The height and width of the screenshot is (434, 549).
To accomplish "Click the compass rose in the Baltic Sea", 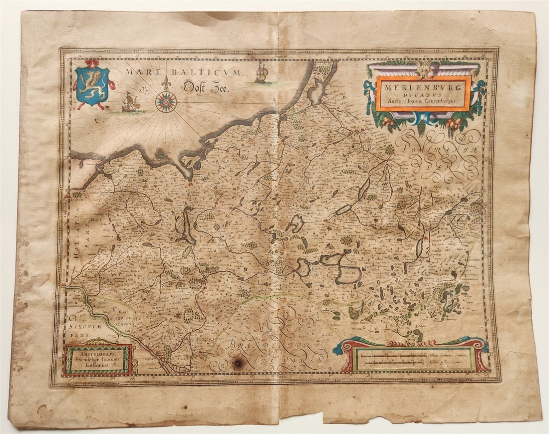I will point(166,102).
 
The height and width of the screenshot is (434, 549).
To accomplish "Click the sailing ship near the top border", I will point(261,74).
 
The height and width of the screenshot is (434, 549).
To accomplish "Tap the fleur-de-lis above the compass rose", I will point(166,83).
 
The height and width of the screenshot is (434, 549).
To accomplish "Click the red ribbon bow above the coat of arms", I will point(92,64).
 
